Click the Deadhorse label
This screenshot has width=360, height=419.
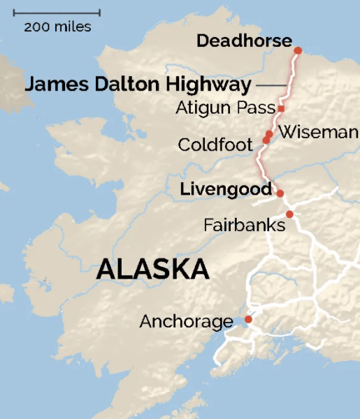pos(243,41)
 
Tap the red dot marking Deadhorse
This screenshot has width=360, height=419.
pos(298,50)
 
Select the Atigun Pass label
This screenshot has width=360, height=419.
pos(225,109)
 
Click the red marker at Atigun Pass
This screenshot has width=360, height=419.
pos(280,108)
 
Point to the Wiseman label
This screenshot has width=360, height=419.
pos(318,133)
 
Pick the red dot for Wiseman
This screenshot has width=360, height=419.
pos(269,133)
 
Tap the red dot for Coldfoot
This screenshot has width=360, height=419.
pos(266,140)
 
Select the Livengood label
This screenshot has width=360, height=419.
pos(225,189)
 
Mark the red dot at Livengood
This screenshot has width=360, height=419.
pos(280,193)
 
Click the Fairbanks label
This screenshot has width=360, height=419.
pos(244,226)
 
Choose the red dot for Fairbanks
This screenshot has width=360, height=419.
pos(289,214)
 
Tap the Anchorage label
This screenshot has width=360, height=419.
pos(186,322)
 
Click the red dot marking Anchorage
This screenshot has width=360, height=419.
pos(247,320)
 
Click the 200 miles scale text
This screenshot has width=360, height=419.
pos(57,27)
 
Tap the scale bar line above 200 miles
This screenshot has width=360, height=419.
pos(57,13)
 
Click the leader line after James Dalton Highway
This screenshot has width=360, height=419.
pos(271,86)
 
